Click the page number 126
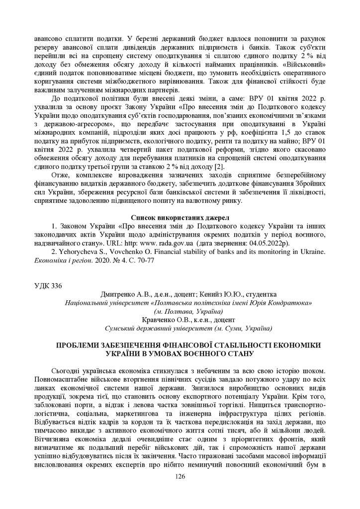point(180,476)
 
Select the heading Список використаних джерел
point(180,217)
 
